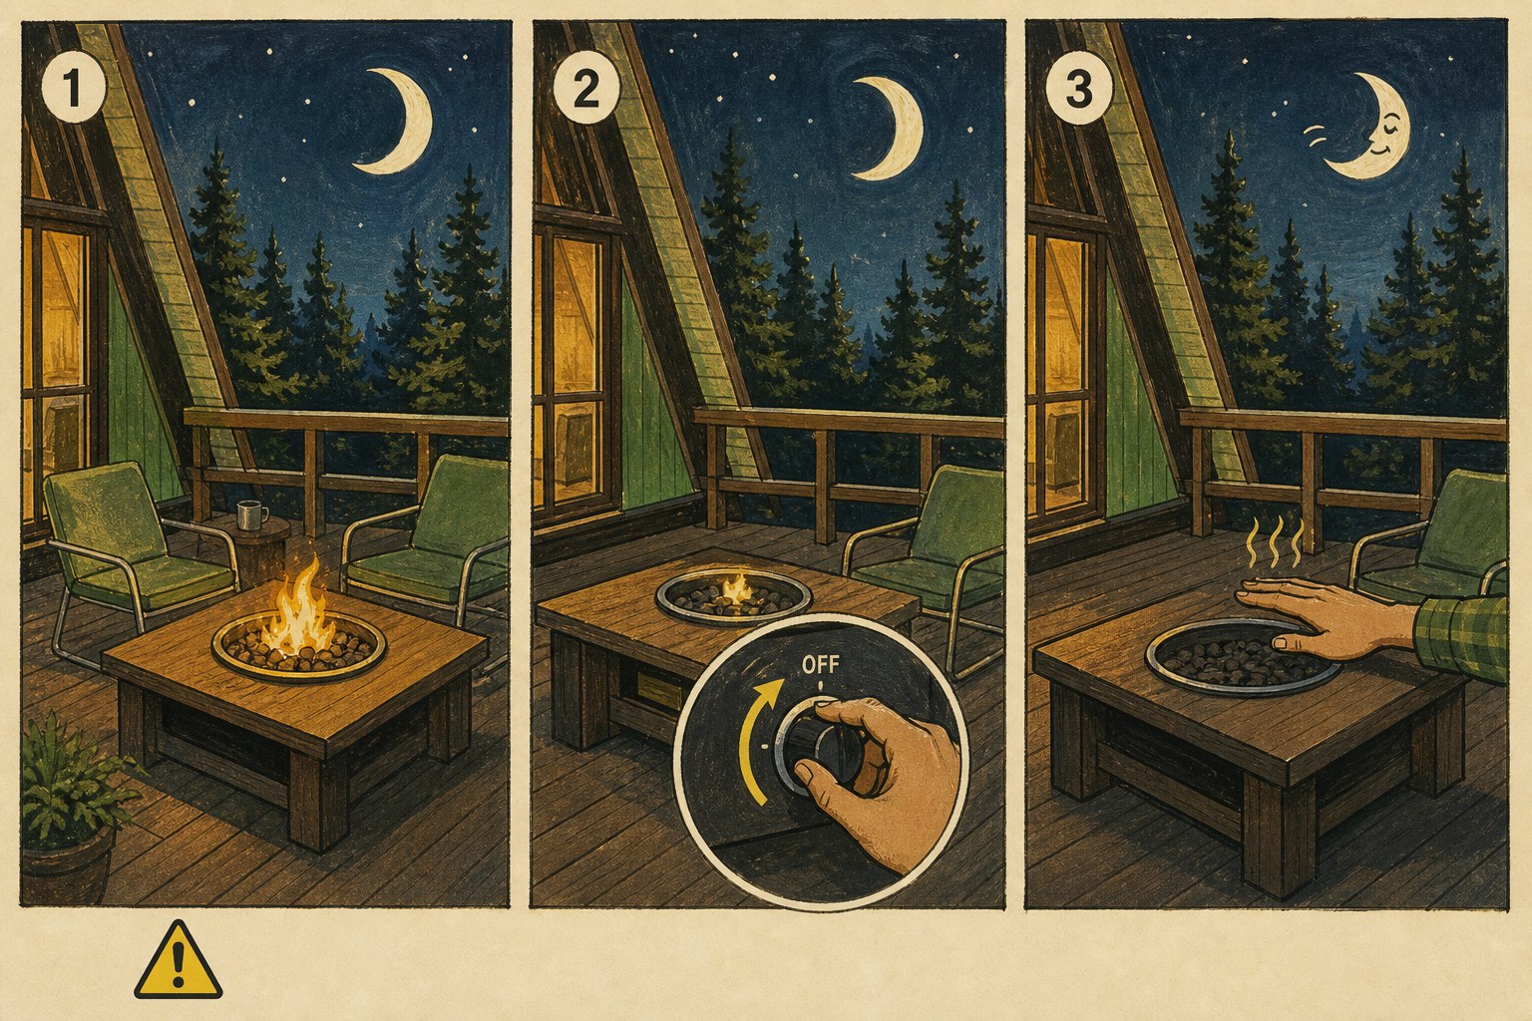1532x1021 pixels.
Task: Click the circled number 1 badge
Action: tap(74, 90)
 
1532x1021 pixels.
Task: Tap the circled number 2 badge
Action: tap(585, 90)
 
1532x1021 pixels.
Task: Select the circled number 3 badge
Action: tap(1078, 91)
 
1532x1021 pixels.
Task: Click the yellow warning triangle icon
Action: tap(178, 959)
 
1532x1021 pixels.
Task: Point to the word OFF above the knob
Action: tap(820, 665)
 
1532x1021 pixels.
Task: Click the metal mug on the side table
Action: tap(249, 514)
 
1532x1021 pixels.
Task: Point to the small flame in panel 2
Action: tap(736, 589)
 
